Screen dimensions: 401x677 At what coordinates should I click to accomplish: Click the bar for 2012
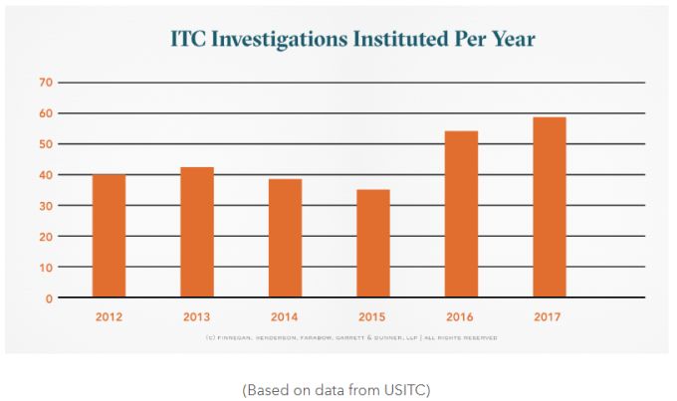point(110,236)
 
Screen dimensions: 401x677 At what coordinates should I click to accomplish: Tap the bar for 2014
point(285,238)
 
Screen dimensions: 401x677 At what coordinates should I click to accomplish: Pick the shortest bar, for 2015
point(372,243)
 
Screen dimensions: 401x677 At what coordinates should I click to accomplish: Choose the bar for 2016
point(461,214)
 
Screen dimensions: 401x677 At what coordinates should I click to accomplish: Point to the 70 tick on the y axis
point(45,83)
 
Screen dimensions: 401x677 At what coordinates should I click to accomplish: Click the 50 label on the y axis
point(45,144)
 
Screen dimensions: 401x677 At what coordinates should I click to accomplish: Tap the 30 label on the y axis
point(45,206)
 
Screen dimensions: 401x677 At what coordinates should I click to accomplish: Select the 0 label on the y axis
point(48,298)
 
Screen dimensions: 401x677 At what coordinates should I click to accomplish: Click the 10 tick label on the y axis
point(45,267)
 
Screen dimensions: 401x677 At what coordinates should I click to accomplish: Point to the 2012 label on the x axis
point(110,317)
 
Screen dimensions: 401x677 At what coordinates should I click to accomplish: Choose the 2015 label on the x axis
point(372,317)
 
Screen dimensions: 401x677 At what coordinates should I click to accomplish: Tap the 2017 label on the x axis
point(549,317)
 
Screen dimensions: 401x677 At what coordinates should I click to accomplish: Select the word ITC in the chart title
point(193,40)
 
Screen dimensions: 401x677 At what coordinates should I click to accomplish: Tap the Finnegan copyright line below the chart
point(338,338)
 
